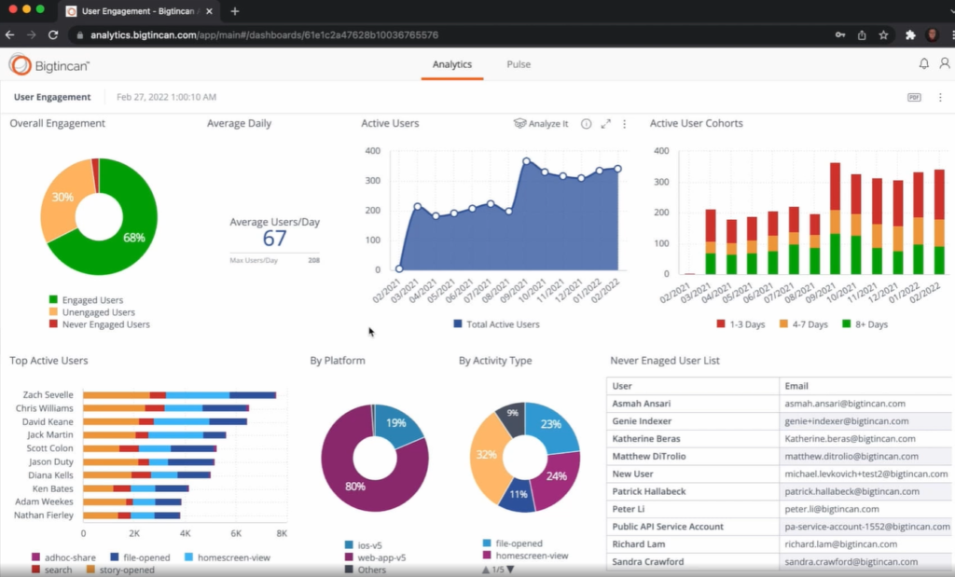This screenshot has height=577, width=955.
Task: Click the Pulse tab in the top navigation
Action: tap(519, 64)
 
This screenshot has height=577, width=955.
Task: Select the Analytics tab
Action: tap(451, 64)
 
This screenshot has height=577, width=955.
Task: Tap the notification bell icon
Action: tap(923, 64)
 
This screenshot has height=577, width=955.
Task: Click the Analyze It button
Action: tap(541, 124)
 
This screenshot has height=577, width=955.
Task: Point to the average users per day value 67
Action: tap(274, 239)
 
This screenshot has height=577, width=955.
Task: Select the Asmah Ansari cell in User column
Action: tap(642, 404)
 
